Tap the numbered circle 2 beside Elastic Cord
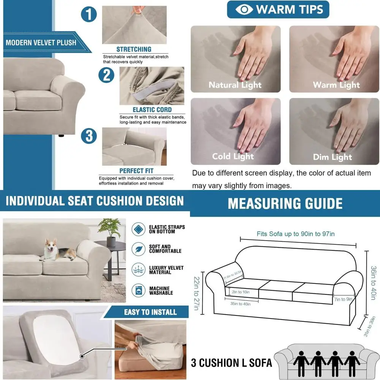pyautogui.click(x=106, y=74)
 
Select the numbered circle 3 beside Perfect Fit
pyautogui.click(x=89, y=136)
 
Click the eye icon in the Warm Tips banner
pyautogui.click(x=244, y=9)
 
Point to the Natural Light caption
pyautogui.click(x=235, y=85)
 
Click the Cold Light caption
pyautogui.click(x=233, y=157)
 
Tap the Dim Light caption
pyautogui.click(x=332, y=157)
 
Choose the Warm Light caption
pyautogui.click(x=336, y=85)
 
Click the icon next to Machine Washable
pyautogui.click(x=138, y=291)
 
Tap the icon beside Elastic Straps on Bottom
pyautogui.click(x=138, y=230)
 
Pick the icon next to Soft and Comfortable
pyautogui.click(x=138, y=249)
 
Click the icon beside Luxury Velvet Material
pyautogui.click(x=138, y=270)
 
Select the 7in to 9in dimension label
pyautogui.click(x=344, y=299)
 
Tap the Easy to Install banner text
pyautogui.click(x=150, y=312)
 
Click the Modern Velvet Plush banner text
pyautogui.click(x=41, y=43)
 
